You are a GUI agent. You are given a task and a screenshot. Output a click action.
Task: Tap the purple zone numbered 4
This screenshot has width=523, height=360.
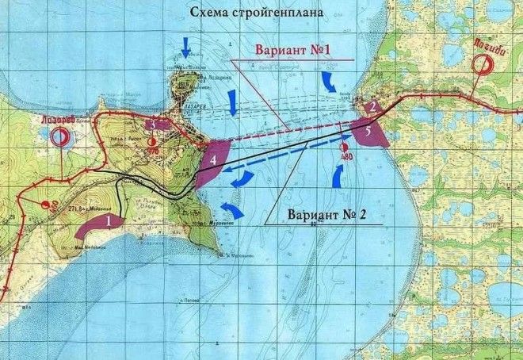pyautogui.click(x=212, y=161)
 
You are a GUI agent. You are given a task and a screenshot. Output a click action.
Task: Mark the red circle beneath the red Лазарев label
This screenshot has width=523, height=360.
pyautogui.click(x=58, y=136)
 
